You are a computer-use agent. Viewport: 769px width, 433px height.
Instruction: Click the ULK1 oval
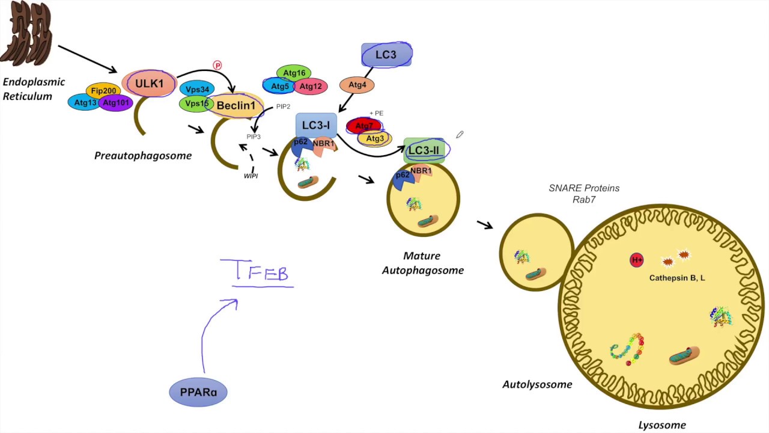pos(149,84)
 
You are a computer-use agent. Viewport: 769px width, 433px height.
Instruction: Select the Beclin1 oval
pos(236,106)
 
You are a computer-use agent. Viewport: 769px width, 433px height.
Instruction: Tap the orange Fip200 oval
pos(103,91)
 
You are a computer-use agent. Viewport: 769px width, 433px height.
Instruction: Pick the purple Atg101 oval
pos(116,103)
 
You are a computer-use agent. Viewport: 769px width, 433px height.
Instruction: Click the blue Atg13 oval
pos(85,103)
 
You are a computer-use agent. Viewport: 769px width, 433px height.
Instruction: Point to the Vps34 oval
pos(197,90)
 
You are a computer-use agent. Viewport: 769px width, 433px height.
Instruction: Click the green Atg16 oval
pos(294,73)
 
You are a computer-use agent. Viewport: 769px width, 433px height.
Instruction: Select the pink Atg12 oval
pos(311,87)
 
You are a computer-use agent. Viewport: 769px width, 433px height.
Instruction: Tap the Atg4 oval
pos(357,85)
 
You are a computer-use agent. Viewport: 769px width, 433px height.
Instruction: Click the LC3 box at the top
pos(386,55)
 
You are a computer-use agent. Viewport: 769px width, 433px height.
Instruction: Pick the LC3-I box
pos(316,125)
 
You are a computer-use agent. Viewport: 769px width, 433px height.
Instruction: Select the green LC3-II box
pos(424,150)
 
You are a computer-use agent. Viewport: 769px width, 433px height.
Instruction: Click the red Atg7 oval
pos(363,126)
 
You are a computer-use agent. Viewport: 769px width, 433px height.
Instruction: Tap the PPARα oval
pos(198,392)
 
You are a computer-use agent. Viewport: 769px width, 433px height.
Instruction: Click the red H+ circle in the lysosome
pos(637,260)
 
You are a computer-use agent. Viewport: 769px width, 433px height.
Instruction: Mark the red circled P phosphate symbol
pos(217,65)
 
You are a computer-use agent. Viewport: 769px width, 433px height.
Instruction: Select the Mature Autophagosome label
pos(422,263)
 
